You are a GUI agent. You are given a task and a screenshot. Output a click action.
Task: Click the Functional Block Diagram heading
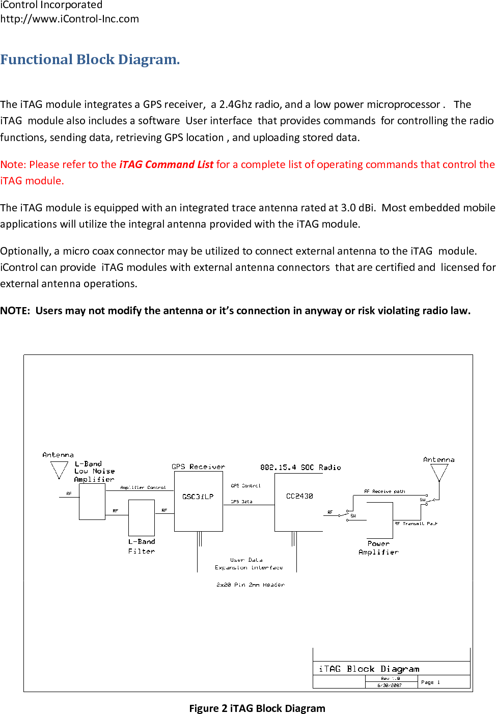90,60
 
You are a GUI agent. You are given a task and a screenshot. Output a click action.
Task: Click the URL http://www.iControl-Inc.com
70,19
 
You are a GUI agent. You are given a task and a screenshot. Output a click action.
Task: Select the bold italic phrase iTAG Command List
166,164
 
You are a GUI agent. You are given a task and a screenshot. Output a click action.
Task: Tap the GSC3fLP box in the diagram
198,501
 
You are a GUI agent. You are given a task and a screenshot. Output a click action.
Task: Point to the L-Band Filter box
142,517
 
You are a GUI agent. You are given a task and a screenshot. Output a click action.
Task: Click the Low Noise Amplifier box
92,502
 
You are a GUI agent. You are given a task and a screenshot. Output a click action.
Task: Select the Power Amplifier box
379,520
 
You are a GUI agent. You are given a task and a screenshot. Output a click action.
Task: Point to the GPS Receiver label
198,466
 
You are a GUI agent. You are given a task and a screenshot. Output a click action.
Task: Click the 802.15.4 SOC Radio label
300,467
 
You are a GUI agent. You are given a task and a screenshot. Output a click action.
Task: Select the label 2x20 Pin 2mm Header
250,585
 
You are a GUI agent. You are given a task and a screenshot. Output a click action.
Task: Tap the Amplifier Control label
143,487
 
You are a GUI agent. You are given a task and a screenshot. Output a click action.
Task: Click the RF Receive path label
384,491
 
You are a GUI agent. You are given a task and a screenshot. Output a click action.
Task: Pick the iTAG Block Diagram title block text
369,669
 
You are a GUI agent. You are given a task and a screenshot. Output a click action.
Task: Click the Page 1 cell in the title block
431,682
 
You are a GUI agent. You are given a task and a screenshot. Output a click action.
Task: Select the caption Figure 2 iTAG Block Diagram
257,708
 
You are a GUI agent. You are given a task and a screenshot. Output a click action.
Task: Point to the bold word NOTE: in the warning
15,311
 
